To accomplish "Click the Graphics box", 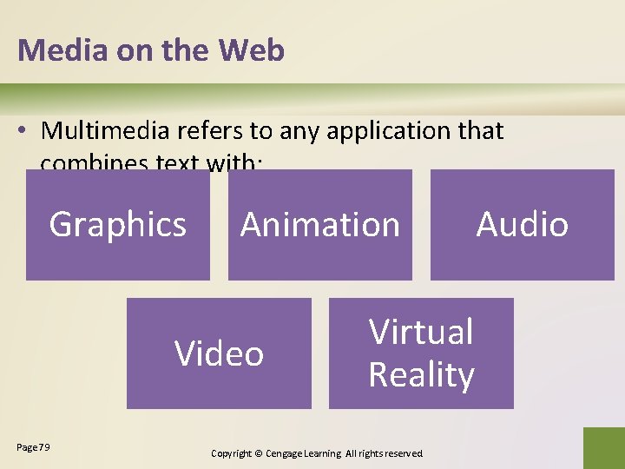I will pyautogui.click(x=118, y=225).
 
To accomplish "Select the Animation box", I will pyautogui.click(x=319, y=225).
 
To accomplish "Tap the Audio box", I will pyautogui.click(x=522, y=225).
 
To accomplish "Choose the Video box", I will pyautogui.click(x=219, y=353).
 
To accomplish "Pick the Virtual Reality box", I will pyautogui.click(x=421, y=353).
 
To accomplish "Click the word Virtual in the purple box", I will pyautogui.click(x=421, y=332).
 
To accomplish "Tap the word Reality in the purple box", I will pyautogui.click(x=421, y=375).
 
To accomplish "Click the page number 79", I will pyautogui.click(x=44, y=447).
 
